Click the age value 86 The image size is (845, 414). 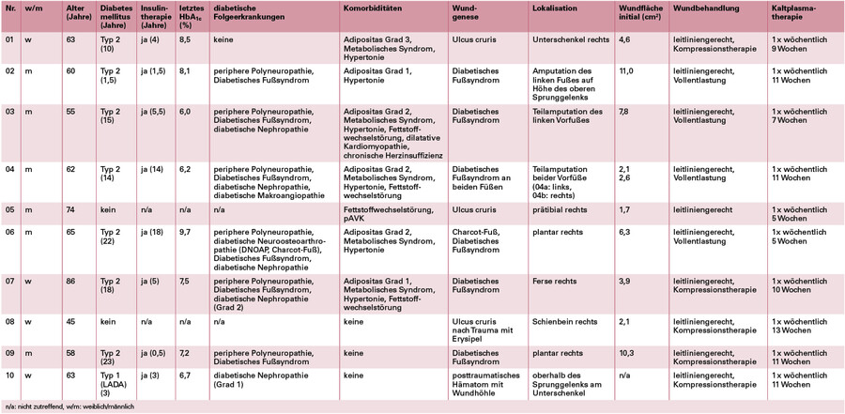69,280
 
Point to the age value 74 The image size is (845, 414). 69,209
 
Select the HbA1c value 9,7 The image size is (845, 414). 186,231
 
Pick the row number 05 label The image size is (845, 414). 10,209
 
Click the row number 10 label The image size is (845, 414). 10,374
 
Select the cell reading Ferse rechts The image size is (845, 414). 555,280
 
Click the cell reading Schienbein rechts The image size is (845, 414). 564,322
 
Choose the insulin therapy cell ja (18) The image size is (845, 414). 151,231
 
